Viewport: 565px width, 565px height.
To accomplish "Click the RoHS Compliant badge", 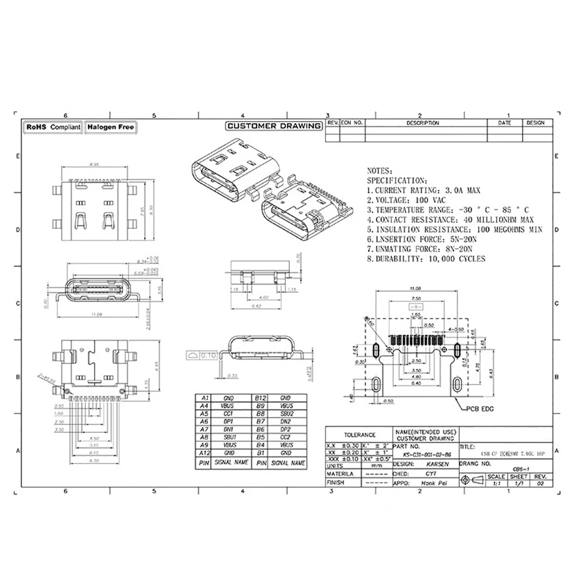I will pos(53,128).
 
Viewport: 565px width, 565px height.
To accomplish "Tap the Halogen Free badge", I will pos(111,128).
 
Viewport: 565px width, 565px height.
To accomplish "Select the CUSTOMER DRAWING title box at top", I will pos(273,126).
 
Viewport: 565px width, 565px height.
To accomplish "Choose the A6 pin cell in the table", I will pos(205,421).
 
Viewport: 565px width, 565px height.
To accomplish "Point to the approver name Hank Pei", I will pos(423,483).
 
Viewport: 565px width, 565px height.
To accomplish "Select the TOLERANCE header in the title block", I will pos(359,435).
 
